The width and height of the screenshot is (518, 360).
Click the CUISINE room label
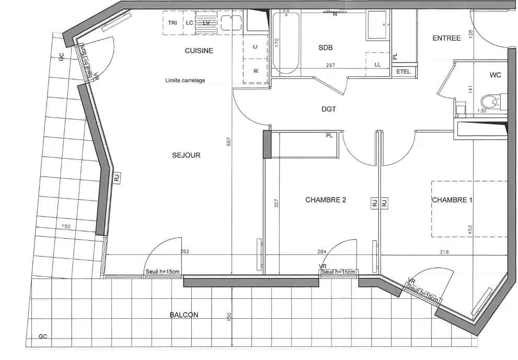pyautogui.click(x=199, y=51)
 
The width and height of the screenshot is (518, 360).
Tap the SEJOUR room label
pyautogui.click(x=186, y=155)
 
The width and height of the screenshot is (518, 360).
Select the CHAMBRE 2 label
pyautogui.click(x=326, y=200)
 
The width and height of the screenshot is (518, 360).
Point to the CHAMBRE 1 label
pyautogui.click(x=452, y=200)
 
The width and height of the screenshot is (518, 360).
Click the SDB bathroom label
pyautogui.click(x=325, y=48)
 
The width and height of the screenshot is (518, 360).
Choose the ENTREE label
pyautogui.click(x=446, y=38)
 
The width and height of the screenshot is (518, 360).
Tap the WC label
pyautogui.click(x=495, y=75)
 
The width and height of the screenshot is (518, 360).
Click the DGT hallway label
pyautogui.click(x=329, y=109)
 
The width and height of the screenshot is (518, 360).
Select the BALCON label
pyautogui.click(x=184, y=315)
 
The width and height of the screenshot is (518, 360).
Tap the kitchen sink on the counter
pyautogui.click(x=231, y=23)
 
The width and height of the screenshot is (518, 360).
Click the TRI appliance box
pyautogui.click(x=172, y=23)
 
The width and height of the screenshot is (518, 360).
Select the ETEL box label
pyautogui.click(x=404, y=72)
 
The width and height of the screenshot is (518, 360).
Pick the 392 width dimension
pyautogui.click(x=184, y=252)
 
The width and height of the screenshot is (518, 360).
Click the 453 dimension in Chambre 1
pyautogui.click(x=470, y=229)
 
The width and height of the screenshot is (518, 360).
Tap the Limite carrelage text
pyautogui.click(x=185, y=80)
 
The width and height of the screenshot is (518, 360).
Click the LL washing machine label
pyautogui.click(x=377, y=65)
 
